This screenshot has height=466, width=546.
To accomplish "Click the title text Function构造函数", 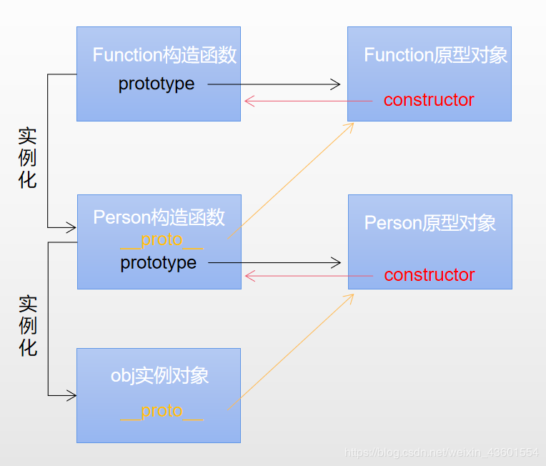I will pos(164,55).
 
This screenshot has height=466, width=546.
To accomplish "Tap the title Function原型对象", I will pos(435,55).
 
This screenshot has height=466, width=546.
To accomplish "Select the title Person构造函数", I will pos(159,217).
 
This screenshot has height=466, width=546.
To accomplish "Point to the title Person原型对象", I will pos(430,223).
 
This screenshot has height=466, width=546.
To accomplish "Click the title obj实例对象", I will pos(159,375).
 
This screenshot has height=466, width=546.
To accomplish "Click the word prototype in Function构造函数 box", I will pos(157,84).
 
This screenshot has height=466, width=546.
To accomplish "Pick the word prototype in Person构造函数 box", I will pos(158,263).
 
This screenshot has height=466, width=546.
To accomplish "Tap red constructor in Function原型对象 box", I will pos(429,100).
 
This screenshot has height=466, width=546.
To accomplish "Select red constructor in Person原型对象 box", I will pos(429,275).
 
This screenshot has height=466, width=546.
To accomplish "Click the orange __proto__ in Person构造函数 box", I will pos(162,239).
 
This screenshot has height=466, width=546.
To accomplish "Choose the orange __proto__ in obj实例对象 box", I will pos(162,411).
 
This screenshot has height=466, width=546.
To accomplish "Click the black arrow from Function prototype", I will pos(274,84).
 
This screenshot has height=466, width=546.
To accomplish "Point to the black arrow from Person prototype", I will pos(274,263).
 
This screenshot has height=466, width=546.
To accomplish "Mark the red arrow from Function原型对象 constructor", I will pos(308,101).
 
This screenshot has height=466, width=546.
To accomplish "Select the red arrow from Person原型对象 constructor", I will pos(308,275).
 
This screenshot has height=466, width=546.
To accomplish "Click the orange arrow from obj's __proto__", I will pos(292,351).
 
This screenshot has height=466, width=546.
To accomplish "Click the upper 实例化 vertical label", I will pos(27,158).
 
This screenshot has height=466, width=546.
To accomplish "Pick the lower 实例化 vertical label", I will pos(27,326).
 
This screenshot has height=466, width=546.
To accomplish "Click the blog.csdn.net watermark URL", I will pos(442,452).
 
